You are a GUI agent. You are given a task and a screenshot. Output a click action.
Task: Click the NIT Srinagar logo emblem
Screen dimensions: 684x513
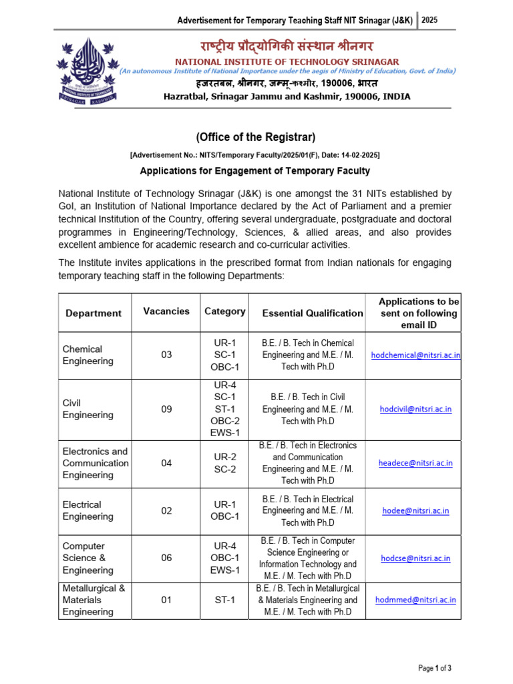(x=89, y=70)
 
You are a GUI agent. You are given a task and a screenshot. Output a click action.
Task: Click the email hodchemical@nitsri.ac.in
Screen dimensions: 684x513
(x=415, y=355)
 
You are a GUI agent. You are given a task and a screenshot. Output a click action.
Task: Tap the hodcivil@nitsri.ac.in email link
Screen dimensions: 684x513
(x=415, y=409)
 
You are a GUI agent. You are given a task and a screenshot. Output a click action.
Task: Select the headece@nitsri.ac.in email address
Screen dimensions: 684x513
(x=415, y=463)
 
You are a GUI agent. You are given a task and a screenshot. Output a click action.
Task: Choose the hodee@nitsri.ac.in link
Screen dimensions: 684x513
(x=415, y=511)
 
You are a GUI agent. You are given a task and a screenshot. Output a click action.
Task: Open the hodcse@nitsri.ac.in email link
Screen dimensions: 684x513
(x=415, y=558)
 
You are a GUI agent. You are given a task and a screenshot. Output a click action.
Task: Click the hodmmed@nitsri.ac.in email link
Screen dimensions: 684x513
(x=415, y=600)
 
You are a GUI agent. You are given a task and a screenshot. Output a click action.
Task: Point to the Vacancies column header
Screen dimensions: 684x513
(x=166, y=311)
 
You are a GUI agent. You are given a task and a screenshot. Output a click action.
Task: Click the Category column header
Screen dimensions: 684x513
(x=224, y=311)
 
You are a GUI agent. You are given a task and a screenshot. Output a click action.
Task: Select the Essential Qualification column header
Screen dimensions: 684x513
(x=313, y=313)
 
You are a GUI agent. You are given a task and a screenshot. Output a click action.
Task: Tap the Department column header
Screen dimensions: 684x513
(x=94, y=313)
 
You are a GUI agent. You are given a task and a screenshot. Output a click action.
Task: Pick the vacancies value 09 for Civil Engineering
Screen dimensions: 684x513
(x=166, y=409)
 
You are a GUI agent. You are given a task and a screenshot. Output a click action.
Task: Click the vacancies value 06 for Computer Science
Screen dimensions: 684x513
(x=166, y=558)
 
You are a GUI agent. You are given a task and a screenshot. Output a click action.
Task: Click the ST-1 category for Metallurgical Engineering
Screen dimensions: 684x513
(x=224, y=600)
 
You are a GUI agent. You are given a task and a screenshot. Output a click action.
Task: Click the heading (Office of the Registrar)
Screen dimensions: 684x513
(x=255, y=137)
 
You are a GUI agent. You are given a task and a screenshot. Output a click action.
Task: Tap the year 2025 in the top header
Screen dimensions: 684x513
(x=430, y=21)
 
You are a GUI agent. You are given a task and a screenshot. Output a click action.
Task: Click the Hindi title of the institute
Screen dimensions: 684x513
(x=287, y=47)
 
